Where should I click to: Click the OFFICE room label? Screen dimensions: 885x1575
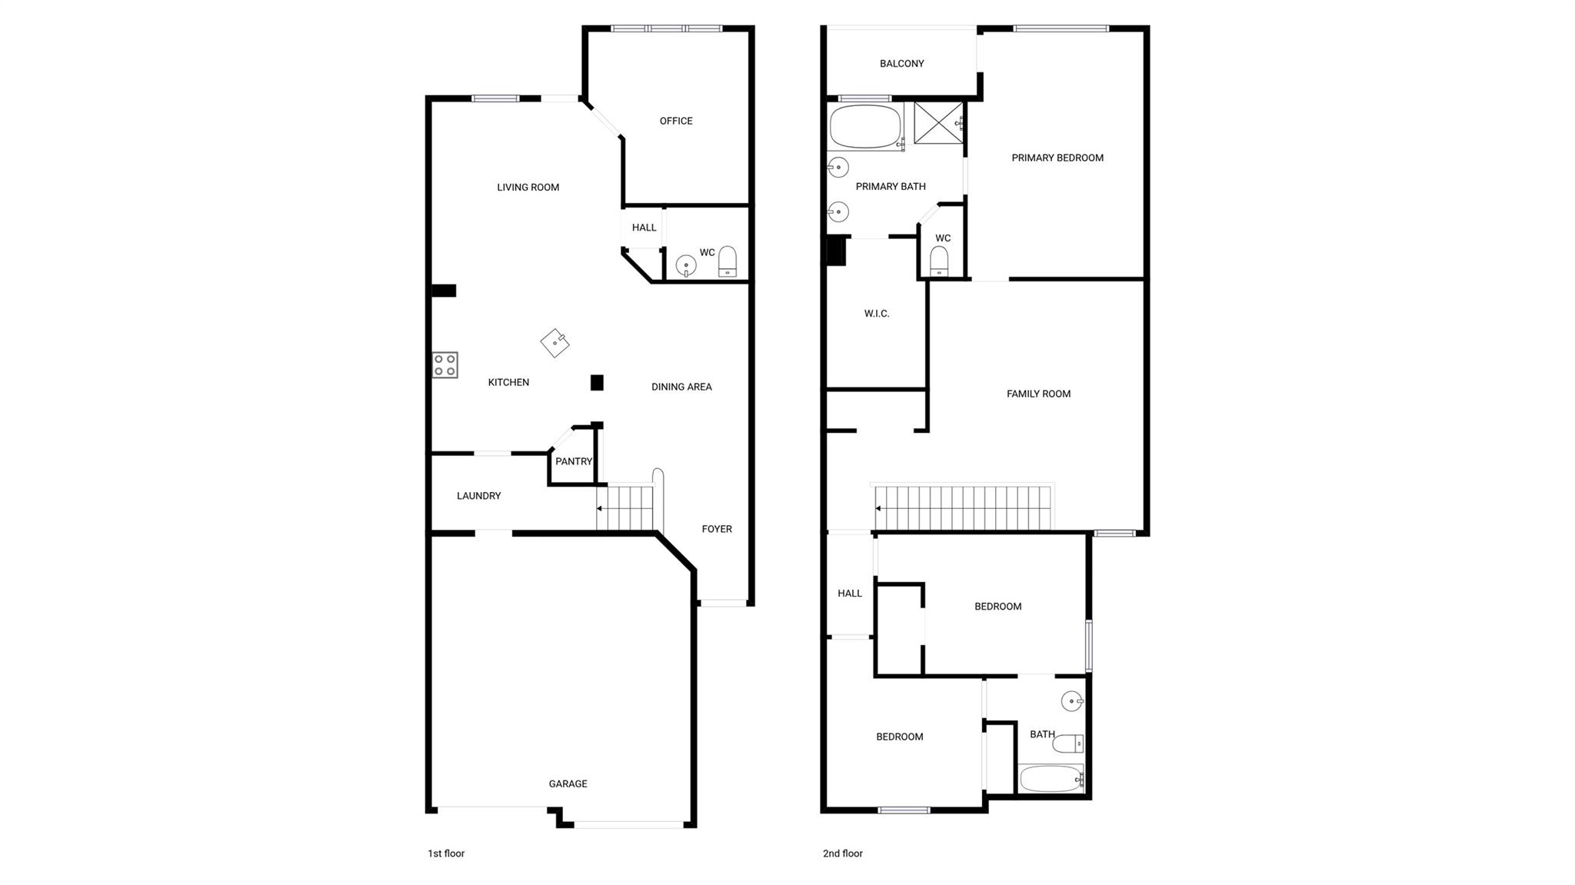[x=676, y=121]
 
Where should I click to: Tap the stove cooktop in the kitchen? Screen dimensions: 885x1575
[x=445, y=365]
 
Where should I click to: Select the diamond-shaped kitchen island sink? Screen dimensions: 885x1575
[x=554, y=343]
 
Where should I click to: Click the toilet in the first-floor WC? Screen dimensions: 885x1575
[x=728, y=262]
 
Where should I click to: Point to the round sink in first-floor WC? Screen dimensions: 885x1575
[x=685, y=266]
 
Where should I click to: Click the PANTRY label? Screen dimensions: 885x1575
[x=574, y=461]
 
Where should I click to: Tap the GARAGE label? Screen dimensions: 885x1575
[x=568, y=784]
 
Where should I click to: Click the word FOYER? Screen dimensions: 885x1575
[x=717, y=529]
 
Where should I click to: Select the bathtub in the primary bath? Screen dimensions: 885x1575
[x=865, y=127]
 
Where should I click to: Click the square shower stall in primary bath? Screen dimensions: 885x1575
[x=938, y=122]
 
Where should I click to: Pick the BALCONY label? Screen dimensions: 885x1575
[x=901, y=64]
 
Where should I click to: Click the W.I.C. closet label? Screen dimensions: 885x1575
[x=877, y=314]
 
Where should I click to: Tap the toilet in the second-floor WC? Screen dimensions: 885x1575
[x=939, y=261]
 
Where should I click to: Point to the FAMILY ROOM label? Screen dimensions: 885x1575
[x=1038, y=394]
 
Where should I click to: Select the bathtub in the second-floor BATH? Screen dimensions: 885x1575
[x=1051, y=779]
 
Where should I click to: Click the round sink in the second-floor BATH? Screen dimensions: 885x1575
[x=1072, y=701]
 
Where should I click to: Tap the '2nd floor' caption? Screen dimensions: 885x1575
[x=842, y=853]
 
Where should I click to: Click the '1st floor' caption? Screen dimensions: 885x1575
[x=446, y=853]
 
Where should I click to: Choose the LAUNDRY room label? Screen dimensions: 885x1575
[x=478, y=496]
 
